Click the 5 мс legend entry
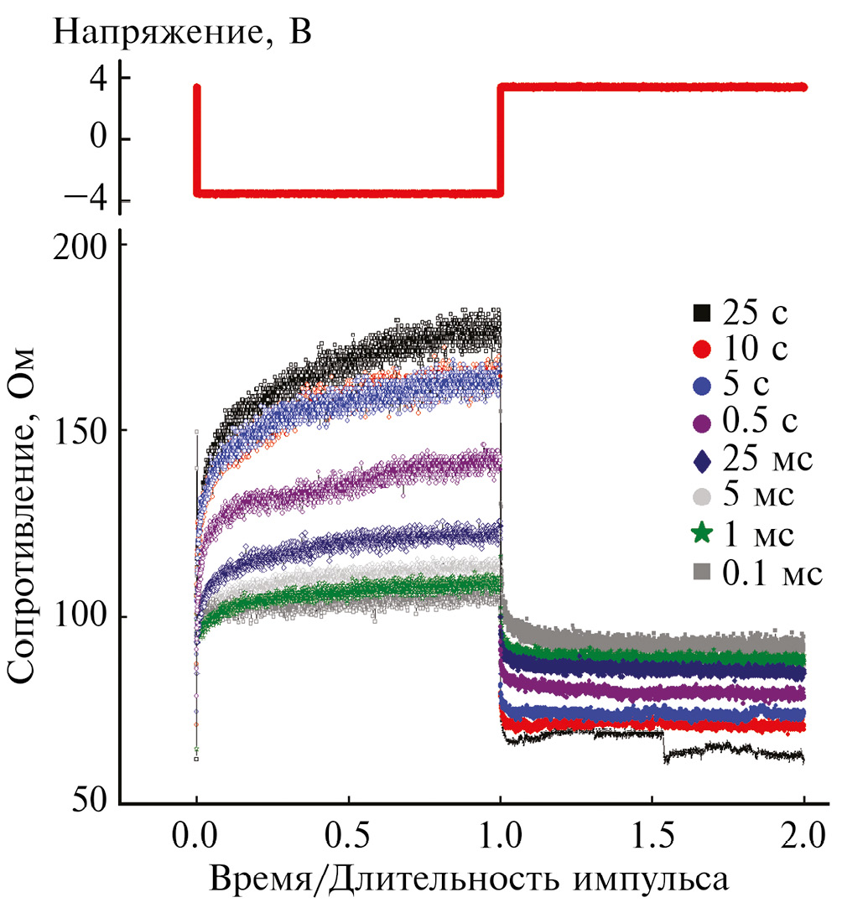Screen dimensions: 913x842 click(743, 495)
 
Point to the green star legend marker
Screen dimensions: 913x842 click(703, 532)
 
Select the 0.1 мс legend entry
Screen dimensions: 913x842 click(751, 572)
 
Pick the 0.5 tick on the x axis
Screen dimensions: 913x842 click(348, 836)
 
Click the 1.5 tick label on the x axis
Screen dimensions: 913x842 click(652, 836)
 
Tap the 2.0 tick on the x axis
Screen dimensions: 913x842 click(803, 836)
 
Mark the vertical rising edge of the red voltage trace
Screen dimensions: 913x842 click(500, 139)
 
